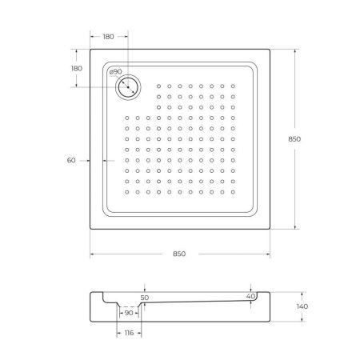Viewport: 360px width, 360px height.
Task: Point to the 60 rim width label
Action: point(71,161)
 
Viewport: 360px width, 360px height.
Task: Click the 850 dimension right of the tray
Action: point(294,138)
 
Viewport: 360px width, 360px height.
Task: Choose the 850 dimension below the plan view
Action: point(178,254)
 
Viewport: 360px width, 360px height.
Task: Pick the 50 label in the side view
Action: point(145,298)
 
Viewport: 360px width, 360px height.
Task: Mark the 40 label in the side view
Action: point(251,297)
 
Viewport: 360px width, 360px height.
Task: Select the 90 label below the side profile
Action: point(128,313)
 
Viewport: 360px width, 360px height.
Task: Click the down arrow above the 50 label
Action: point(145,289)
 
